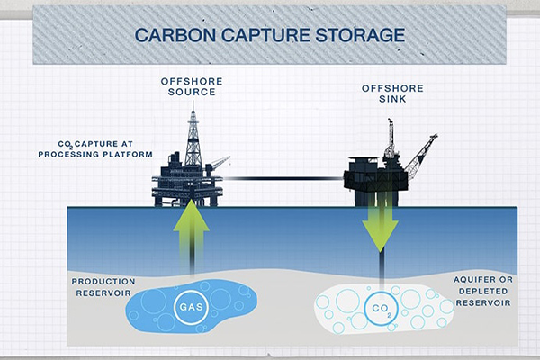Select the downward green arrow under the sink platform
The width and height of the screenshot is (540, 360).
382,224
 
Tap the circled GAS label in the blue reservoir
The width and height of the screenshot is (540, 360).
187,306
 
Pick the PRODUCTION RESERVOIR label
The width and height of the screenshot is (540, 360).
103,288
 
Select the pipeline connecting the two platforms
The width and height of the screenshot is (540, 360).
283,178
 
